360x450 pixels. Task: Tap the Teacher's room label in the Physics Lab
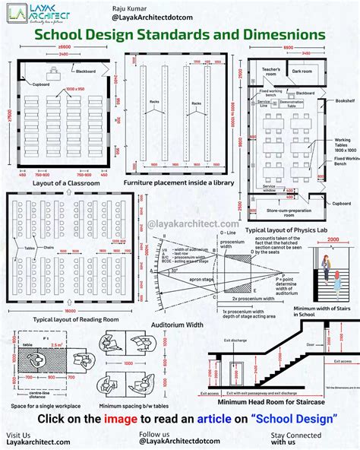pos(271,70)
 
